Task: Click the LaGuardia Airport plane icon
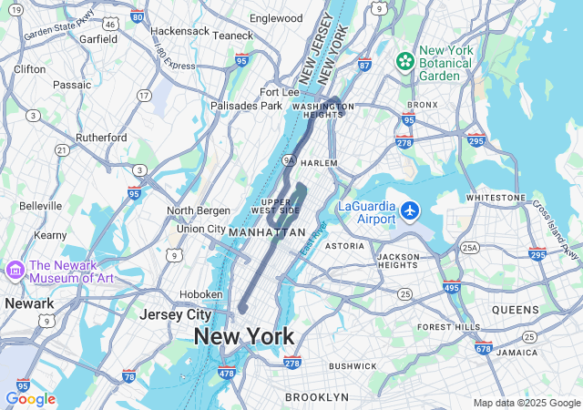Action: [410, 211]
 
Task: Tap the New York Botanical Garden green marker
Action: [405, 62]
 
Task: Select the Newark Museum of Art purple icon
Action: [15, 271]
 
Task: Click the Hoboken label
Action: [200, 294]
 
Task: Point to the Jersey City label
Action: [175, 314]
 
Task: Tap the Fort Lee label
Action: [280, 92]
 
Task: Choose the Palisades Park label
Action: [246, 106]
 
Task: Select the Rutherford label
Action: [101, 138]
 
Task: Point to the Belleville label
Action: [40, 206]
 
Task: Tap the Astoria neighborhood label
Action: [344, 246]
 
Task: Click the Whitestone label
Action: [496, 198]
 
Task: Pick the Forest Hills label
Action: [448, 326]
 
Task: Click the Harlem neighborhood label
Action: [319, 163]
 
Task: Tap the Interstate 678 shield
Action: [483, 348]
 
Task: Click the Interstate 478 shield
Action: [227, 373]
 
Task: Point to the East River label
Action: [312, 239]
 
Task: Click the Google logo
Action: [30, 399]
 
